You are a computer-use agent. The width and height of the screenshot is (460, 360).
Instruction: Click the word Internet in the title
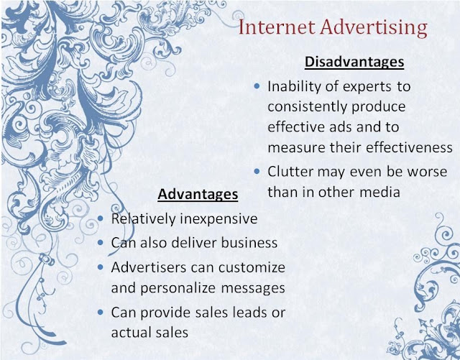point(277,27)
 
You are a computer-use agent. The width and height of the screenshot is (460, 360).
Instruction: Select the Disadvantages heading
point(354,62)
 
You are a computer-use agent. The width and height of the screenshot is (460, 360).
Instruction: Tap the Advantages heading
point(198,194)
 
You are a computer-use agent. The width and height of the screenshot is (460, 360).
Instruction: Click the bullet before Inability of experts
point(257,86)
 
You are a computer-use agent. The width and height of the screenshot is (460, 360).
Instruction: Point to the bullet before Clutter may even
point(257,171)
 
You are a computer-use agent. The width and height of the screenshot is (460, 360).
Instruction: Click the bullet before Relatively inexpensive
point(101,218)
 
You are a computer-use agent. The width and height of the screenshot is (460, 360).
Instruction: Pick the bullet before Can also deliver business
point(101,242)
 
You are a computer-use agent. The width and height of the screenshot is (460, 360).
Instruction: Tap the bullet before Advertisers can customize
point(101,267)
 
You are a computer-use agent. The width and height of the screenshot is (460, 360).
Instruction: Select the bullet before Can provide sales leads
point(101,312)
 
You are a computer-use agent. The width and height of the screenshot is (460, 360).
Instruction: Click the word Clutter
point(290,172)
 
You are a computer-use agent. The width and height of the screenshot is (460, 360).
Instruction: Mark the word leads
point(250,313)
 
